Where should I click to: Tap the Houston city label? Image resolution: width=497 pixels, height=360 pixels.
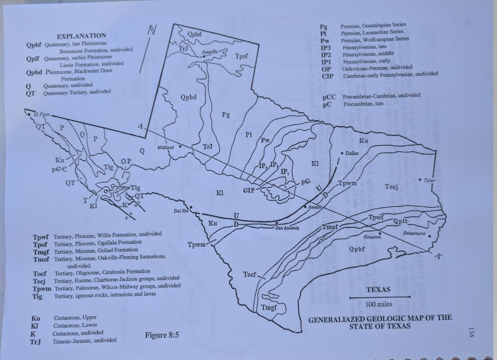pyautogui.click(x=372, y=237)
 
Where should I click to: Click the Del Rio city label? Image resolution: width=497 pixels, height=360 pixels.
pyautogui.click(x=181, y=212)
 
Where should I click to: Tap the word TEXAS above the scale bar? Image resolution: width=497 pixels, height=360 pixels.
pyautogui.click(x=378, y=289)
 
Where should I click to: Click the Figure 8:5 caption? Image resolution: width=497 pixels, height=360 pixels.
pyautogui.click(x=162, y=335)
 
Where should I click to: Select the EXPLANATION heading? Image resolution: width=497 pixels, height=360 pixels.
pyautogui.click(x=82, y=36)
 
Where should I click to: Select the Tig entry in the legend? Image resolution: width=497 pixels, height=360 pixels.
pyautogui.click(x=38, y=296)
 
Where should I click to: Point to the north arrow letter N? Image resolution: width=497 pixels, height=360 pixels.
pyautogui.click(x=153, y=30)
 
